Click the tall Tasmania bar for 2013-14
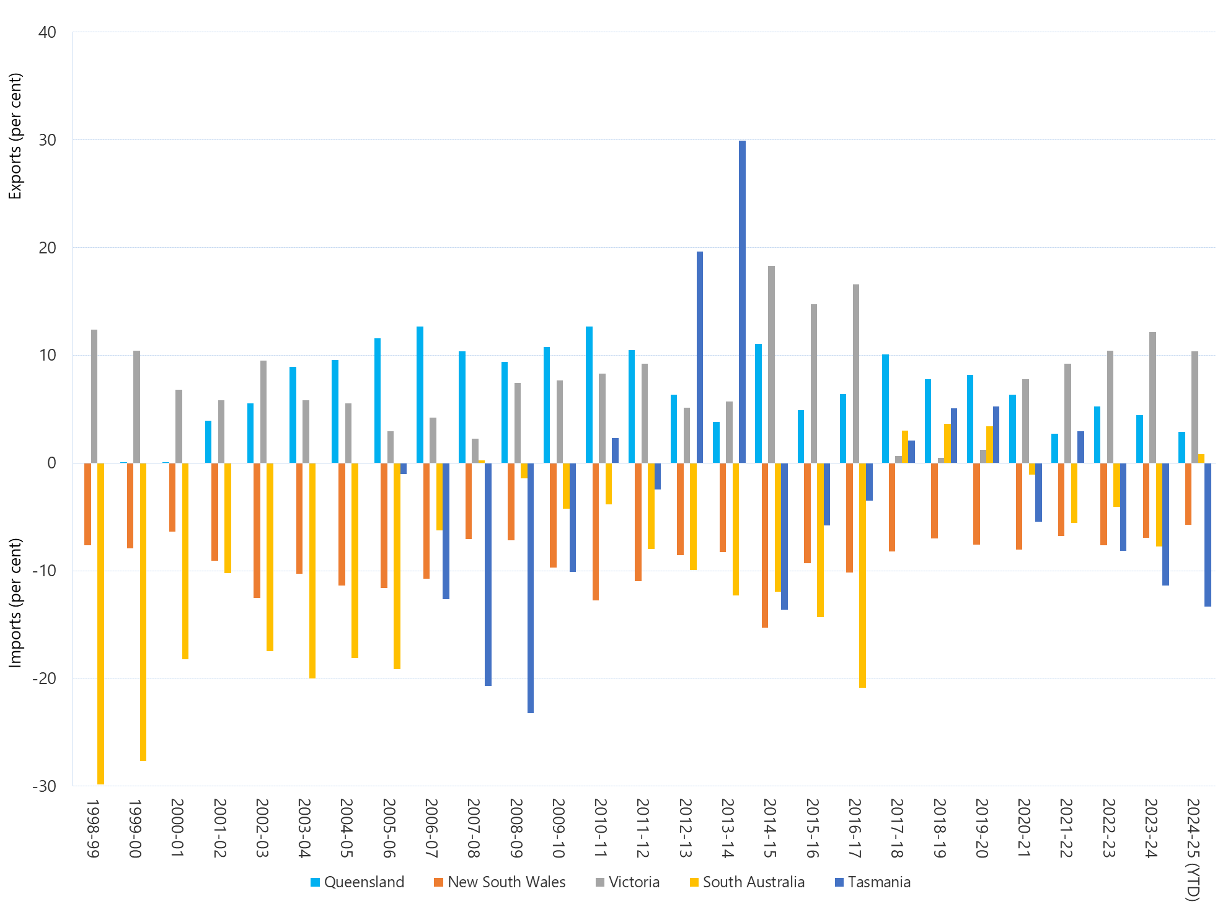point(742,302)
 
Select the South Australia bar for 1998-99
point(100,623)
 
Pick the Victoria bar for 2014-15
point(771,364)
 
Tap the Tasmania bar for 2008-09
point(531,588)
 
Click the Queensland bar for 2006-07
point(420,395)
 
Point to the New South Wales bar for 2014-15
point(765,545)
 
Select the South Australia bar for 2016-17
point(862,575)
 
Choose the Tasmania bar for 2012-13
point(700,358)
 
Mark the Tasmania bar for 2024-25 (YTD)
point(1208,535)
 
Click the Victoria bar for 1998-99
point(94,397)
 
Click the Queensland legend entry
point(357,882)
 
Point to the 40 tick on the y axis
point(47,32)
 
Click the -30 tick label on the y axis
point(44,786)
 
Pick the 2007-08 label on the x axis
point(473,828)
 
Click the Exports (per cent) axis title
point(15,136)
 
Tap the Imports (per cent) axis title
point(15,602)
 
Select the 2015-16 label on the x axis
point(812,828)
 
